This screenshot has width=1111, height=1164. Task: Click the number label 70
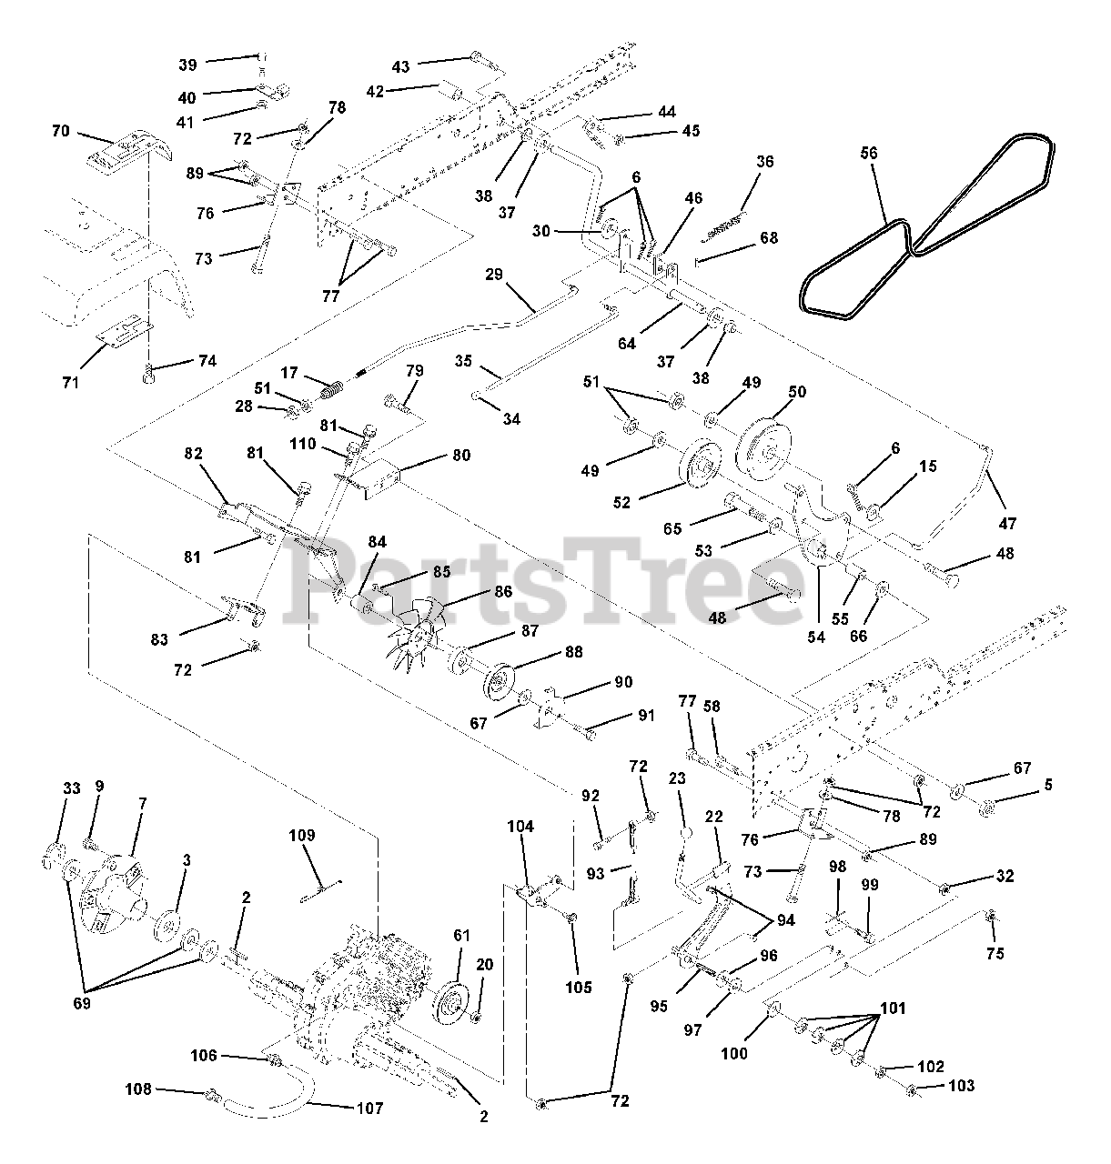(x=60, y=131)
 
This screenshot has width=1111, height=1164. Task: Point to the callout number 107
(x=369, y=1109)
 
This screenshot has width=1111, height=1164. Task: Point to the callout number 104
(x=521, y=827)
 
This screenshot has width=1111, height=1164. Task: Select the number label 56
(x=869, y=153)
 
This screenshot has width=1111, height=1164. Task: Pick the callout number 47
(x=1006, y=524)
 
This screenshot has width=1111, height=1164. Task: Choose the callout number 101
(x=894, y=1008)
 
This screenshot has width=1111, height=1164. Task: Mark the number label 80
(x=461, y=455)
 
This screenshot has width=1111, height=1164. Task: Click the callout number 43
(x=401, y=65)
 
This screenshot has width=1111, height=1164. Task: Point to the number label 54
(x=815, y=637)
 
